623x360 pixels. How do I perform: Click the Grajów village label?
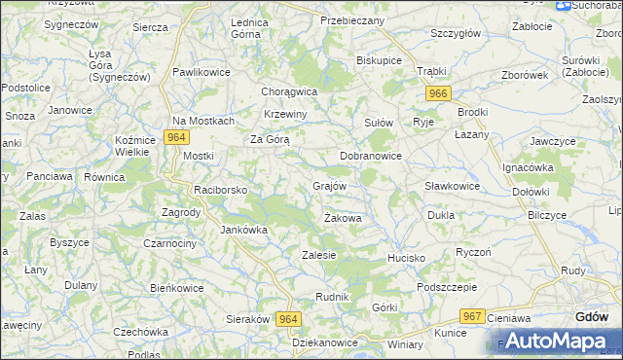[329, 184]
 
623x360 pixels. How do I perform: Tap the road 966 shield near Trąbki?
[438, 92]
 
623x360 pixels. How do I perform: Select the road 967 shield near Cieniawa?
[473, 316]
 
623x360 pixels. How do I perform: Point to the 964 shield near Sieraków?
[288, 319]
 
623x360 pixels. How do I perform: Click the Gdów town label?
[592, 317]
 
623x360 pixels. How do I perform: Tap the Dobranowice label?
[371, 156]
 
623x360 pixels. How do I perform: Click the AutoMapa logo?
[556, 342]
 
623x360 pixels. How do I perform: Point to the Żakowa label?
[343, 218]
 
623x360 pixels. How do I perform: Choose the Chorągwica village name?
[289, 91]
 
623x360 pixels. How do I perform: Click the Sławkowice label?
[453, 186]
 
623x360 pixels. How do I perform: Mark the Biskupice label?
[379, 60]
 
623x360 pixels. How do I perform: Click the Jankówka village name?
[243, 231]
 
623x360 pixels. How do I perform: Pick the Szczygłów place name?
[456, 33]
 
